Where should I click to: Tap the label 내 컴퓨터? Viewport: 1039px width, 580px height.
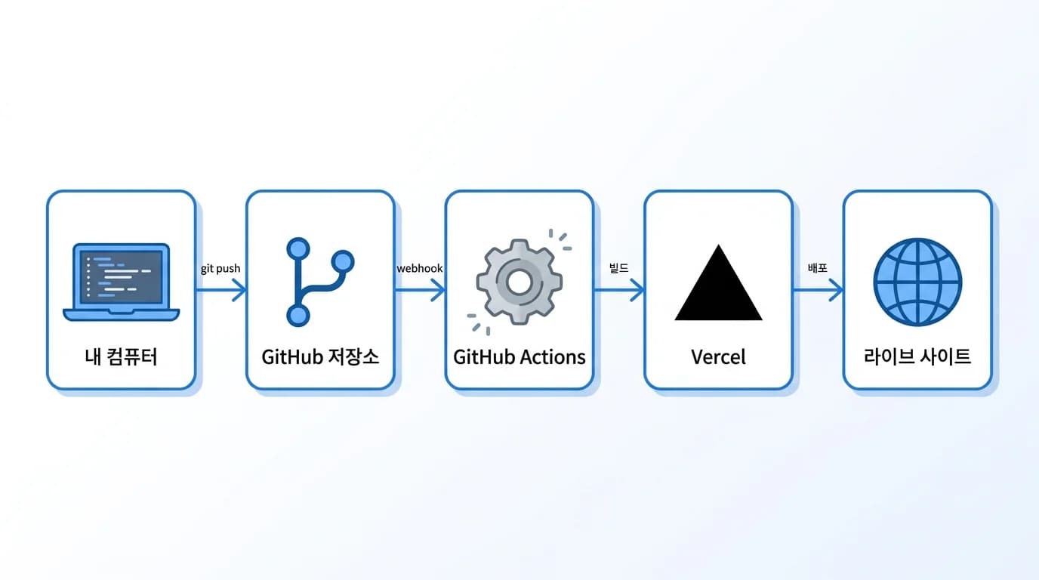(x=122, y=356)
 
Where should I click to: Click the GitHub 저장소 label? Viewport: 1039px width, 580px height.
(x=320, y=356)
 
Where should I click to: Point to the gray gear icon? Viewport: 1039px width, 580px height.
(x=519, y=282)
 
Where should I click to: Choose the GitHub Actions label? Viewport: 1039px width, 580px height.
(x=519, y=356)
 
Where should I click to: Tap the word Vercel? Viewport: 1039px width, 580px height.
(x=718, y=356)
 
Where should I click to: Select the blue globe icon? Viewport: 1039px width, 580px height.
(x=917, y=282)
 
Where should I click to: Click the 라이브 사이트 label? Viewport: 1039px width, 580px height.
(x=917, y=356)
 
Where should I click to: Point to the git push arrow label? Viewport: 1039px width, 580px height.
(x=220, y=269)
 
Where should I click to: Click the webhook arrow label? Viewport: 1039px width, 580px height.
(x=420, y=269)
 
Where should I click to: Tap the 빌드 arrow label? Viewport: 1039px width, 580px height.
(x=618, y=269)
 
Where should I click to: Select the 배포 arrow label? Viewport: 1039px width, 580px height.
(x=818, y=269)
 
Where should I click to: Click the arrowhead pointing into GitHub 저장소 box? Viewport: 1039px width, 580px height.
(x=240, y=289)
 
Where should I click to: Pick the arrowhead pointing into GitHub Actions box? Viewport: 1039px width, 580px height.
(x=439, y=289)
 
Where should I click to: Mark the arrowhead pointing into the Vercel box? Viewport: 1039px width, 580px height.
(x=638, y=289)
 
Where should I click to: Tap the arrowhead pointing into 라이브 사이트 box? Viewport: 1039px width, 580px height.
(x=837, y=289)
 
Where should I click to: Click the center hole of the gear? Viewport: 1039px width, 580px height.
(x=519, y=282)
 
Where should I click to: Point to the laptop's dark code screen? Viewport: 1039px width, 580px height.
(x=122, y=274)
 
